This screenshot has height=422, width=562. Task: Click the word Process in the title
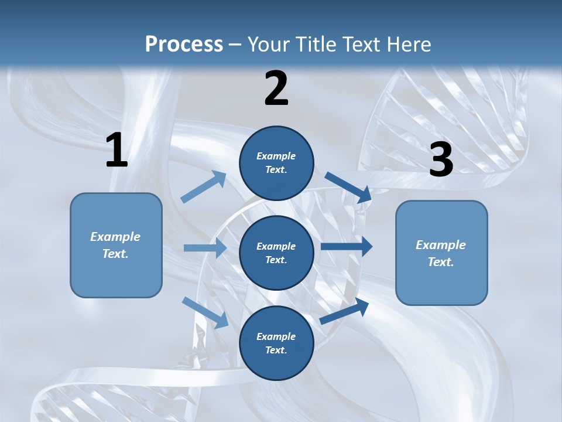click(184, 45)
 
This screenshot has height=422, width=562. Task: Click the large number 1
click(116, 151)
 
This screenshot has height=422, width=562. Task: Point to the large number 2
click(276, 89)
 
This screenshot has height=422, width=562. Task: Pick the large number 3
click(441, 159)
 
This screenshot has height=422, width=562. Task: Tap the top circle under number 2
click(276, 163)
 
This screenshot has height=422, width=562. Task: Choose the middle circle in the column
click(276, 253)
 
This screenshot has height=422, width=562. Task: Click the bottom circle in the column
click(276, 343)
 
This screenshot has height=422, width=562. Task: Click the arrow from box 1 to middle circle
click(205, 248)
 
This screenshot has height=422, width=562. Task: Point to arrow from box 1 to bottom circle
click(205, 312)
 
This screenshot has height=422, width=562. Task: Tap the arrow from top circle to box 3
click(348, 186)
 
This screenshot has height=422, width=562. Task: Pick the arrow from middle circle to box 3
click(347, 247)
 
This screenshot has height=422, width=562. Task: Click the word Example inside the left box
click(115, 237)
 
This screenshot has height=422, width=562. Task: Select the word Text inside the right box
click(441, 262)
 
